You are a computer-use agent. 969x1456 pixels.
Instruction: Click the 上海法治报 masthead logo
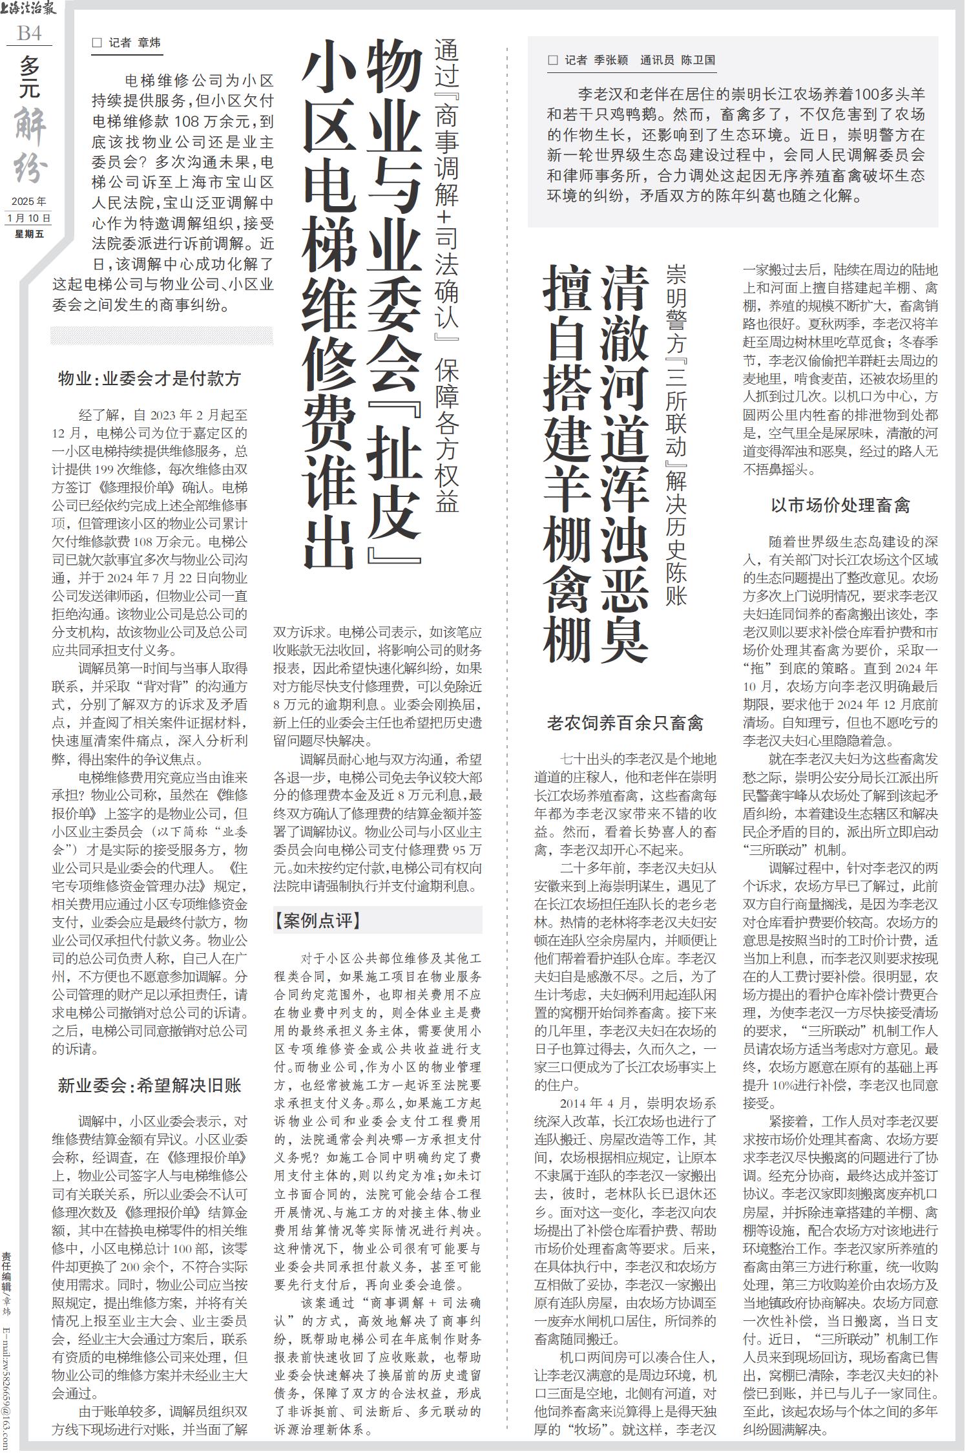coord(29,9)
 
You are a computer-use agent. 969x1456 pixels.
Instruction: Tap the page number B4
coord(29,32)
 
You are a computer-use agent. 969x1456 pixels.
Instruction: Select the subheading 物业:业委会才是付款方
coord(150,379)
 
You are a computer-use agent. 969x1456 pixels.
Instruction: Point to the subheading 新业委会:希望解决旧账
coord(150,1084)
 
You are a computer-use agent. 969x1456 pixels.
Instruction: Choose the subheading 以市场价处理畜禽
coord(840,505)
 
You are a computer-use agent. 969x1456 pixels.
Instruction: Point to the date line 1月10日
coord(29,218)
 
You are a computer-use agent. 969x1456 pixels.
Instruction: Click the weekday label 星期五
coord(29,233)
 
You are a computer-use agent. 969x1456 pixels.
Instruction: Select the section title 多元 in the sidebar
coord(29,78)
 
